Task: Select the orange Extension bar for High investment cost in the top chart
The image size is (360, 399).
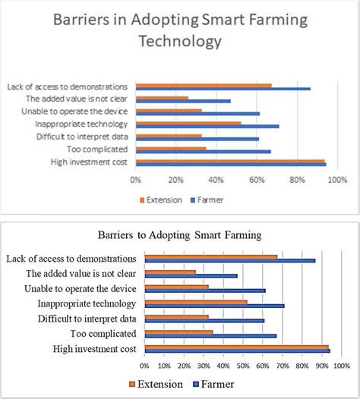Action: pos(230,160)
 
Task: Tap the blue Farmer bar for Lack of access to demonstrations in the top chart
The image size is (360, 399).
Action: pos(223,89)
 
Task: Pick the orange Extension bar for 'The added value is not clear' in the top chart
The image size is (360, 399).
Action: pos(162,98)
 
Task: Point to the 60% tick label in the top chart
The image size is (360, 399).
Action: pos(257,180)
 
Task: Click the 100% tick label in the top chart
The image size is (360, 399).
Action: pos(336,180)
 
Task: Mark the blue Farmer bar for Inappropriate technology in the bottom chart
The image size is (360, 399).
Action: pos(214,306)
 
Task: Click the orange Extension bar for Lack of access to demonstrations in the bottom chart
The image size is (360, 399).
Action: pos(210,257)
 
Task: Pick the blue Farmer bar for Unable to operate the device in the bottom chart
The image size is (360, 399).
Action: pos(205,291)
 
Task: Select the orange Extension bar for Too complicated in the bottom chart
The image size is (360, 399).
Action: pos(178,331)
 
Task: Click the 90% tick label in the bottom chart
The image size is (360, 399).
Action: pos(322,366)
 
